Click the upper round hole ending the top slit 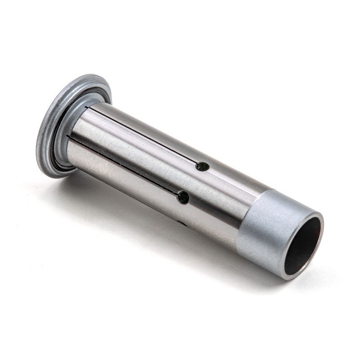(x=202, y=166)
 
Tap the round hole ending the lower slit (x=183, y=197)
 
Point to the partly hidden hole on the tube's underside (x=182, y=223)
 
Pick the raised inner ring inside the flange (x=63, y=135)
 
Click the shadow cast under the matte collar (x=252, y=270)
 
